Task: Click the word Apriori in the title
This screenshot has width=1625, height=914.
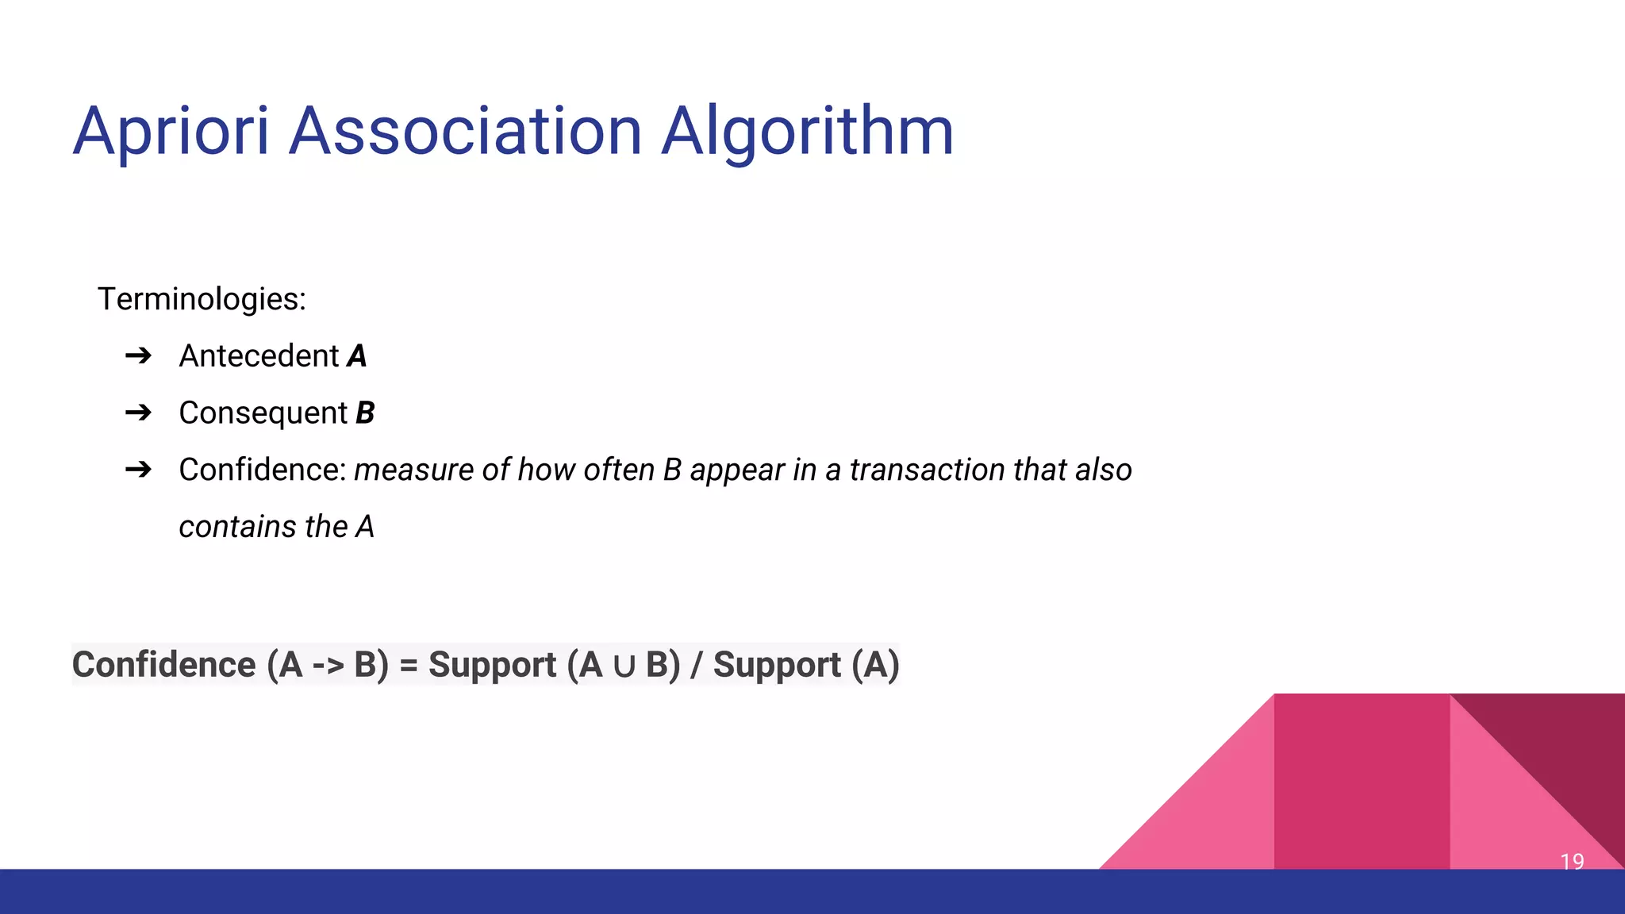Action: coord(171,131)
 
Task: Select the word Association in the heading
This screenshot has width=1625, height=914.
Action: coord(465,131)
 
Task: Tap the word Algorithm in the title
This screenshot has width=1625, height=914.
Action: coord(807,131)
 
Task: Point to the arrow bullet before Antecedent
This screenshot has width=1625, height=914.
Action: coord(138,355)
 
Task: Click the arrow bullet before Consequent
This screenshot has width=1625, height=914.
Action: coord(138,413)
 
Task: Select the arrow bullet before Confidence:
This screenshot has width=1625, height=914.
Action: coord(138,470)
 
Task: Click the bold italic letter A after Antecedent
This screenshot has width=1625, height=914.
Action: coord(357,356)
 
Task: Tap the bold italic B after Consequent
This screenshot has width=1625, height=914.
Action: coord(364,413)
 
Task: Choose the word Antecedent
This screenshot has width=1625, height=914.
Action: coord(259,356)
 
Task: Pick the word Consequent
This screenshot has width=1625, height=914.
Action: coord(263,413)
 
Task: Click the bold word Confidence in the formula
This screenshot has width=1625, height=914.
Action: coord(163,665)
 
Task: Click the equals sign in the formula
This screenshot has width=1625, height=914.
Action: coord(408,666)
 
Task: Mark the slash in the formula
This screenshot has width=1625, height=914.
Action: coord(696,665)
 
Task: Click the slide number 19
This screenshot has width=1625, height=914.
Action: coord(1572,861)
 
